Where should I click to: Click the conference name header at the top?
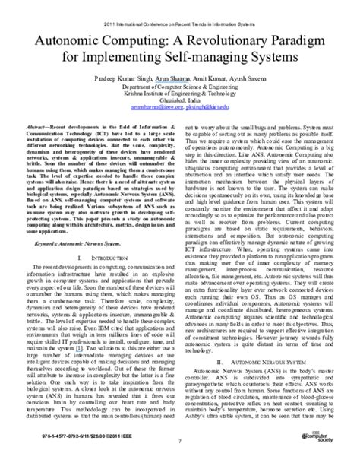(180, 8)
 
